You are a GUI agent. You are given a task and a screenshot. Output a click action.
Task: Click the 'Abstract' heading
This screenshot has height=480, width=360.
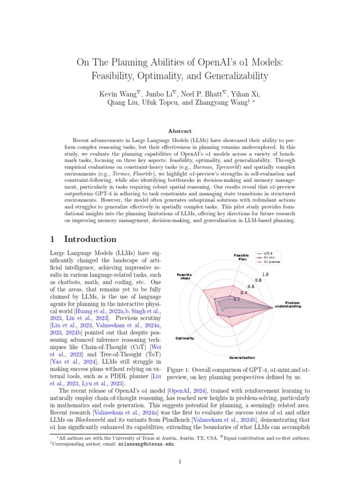(x=180, y=131)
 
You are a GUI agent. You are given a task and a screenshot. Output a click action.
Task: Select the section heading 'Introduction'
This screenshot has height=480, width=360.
(x=90, y=239)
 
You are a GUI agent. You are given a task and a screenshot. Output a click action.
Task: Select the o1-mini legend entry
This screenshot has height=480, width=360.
(x=269, y=258)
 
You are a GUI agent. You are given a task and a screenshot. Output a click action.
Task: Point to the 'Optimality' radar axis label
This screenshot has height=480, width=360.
(x=185, y=338)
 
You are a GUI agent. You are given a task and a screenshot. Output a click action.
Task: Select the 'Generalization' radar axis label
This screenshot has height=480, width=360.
(x=242, y=357)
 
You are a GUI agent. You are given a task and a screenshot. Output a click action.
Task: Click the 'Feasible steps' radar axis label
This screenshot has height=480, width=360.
(x=184, y=276)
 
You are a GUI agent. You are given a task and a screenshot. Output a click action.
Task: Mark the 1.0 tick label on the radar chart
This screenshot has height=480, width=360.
(x=265, y=275)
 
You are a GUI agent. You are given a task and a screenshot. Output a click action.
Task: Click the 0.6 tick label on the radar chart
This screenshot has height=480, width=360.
(x=251, y=286)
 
